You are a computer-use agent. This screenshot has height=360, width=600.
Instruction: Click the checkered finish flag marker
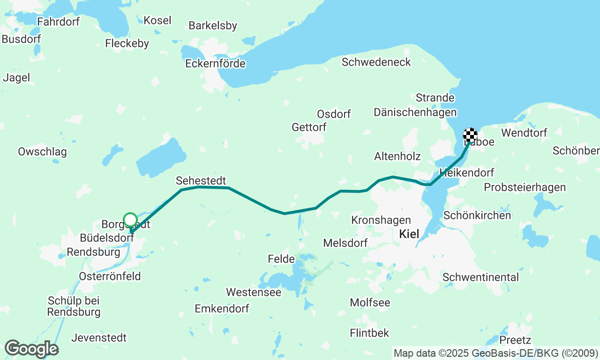[x=470, y=135]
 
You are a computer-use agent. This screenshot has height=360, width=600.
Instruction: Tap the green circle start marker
[x=130, y=219]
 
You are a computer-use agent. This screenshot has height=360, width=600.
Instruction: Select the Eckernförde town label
[x=215, y=63]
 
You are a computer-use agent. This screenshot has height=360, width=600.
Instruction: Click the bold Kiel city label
[x=409, y=234]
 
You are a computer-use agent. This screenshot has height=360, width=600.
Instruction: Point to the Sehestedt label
[x=201, y=180]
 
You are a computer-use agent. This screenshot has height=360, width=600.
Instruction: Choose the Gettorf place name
[x=309, y=127]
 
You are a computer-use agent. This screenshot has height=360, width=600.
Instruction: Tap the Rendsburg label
[x=93, y=252]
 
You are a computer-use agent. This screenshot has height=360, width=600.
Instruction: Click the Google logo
[x=31, y=349]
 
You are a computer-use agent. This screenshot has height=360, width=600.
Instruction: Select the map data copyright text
[x=495, y=353]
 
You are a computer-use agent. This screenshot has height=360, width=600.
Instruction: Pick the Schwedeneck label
[x=376, y=62]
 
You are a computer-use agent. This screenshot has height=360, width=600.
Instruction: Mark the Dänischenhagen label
[x=415, y=112]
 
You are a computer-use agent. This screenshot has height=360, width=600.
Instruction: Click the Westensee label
[x=254, y=292]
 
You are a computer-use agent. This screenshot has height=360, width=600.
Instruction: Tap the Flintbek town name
[x=369, y=333]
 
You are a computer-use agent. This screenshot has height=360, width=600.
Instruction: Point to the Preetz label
[x=515, y=340]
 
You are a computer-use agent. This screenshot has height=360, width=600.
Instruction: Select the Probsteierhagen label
[x=525, y=187]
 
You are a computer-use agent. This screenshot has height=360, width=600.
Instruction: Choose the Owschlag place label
[x=42, y=152]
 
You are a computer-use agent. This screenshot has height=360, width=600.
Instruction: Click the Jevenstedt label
[x=99, y=337]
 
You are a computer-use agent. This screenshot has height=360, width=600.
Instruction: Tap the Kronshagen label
[x=381, y=220]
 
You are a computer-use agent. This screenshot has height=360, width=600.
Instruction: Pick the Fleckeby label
[x=127, y=44]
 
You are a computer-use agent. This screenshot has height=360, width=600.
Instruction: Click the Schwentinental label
[x=480, y=277]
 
